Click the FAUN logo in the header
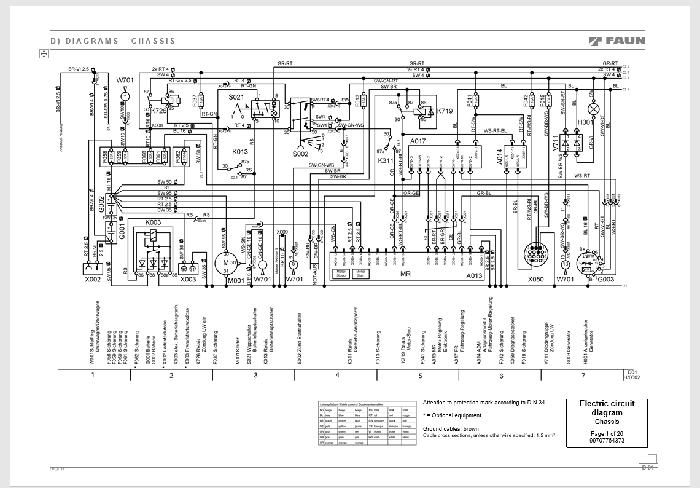(x=616, y=41)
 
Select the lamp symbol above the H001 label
(x=594, y=109)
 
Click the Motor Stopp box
(x=341, y=274)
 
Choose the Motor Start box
(x=360, y=274)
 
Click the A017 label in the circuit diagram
(x=418, y=141)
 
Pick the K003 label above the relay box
(x=153, y=222)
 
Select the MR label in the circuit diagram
(x=405, y=274)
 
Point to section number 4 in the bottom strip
(x=337, y=374)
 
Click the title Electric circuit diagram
(x=607, y=408)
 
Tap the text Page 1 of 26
(x=607, y=434)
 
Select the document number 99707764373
(x=607, y=441)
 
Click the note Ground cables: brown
(x=451, y=428)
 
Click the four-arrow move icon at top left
(x=44, y=54)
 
